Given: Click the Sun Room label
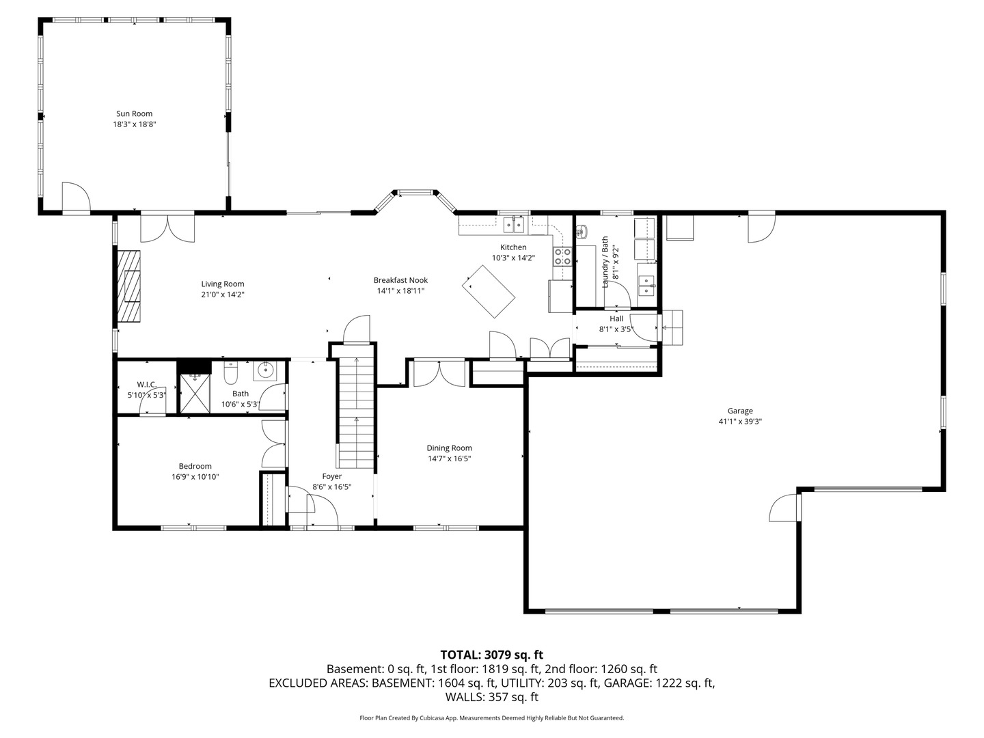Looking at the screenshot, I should [x=133, y=114].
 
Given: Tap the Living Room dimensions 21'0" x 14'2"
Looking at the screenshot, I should [x=222, y=295].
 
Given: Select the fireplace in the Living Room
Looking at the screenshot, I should [x=128, y=286].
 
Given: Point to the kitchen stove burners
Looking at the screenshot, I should [x=562, y=256].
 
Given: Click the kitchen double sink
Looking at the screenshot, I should [x=513, y=224].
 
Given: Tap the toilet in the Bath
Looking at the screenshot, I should [x=230, y=374].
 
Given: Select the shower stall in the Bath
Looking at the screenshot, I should [x=195, y=394].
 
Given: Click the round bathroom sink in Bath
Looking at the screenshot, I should [x=264, y=371].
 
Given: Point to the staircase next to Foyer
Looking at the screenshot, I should [x=356, y=414].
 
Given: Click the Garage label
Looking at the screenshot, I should [x=739, y=411].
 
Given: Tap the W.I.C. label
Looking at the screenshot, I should [x=146, y=384].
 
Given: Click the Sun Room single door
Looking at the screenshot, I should [x=75, y=198].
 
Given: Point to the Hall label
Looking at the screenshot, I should [x=616, y=318].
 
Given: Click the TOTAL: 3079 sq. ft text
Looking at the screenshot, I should [x=491, y=655].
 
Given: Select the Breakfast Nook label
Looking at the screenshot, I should [x=400, y=280].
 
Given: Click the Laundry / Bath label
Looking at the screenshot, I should [x=605, y=262].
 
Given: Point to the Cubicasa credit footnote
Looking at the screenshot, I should [x=491, y=718].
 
